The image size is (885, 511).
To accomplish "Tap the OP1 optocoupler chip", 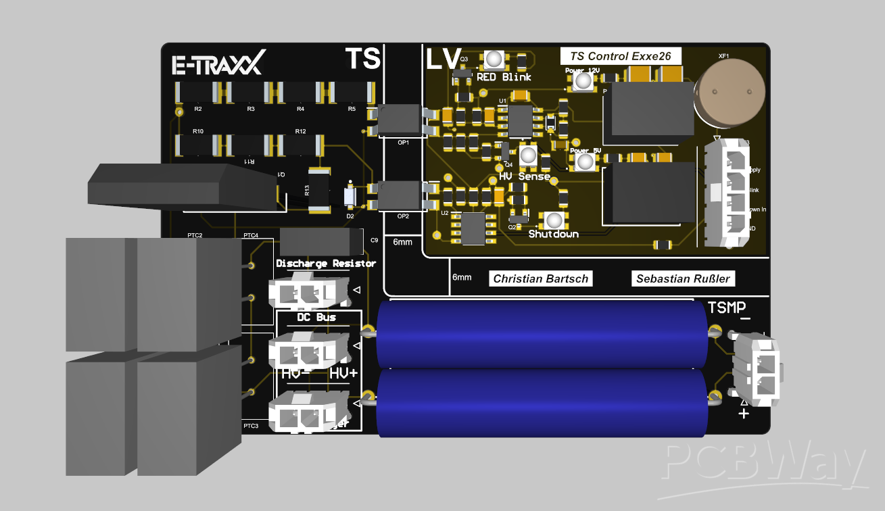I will pos(397,120).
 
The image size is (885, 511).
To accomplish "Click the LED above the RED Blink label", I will pos(494,60).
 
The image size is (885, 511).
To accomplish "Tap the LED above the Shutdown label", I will pos(554,221).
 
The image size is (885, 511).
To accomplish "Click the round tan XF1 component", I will pos(730,92).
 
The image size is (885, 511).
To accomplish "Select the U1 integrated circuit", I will pos(519,120).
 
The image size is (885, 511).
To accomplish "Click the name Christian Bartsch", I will pos(540,278).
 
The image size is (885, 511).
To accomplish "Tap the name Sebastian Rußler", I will pos(684,278).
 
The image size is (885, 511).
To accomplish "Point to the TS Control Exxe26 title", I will pos(621,56).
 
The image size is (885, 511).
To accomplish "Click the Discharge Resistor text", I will pos(326,264).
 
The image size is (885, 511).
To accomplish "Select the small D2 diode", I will pos(350,197).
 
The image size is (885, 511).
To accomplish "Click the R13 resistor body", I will pos(318,191).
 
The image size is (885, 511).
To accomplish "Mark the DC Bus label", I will pos(316,317).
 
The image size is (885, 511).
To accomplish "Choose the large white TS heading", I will pos(362,58).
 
